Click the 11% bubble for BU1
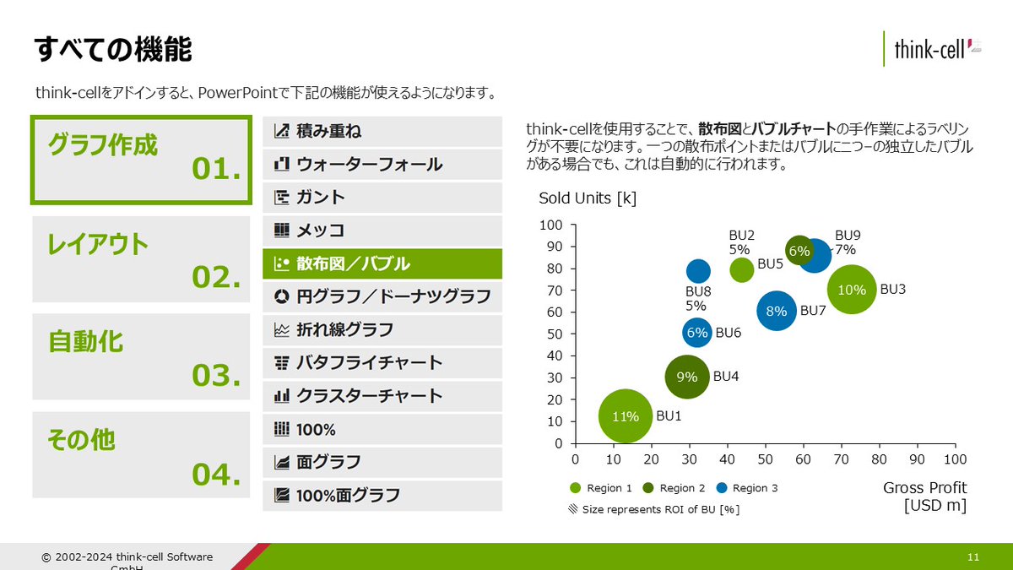(x=626, y=415)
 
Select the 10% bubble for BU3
(x=853, y=290)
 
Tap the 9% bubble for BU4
(x=688, y=377)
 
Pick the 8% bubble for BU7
(x=777, y=312)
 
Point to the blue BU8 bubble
(x=698, y=270)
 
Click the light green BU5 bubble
(x=741, y=269)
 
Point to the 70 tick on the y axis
(x=554, y=290)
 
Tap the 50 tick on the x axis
(x=765, y=459)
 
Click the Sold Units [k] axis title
(x=588, y=198)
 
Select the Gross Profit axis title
(x=924, y=497)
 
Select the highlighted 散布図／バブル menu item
(x=382, y=263)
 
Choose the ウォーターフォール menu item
(x=382, y=164)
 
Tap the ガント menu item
(x=382, y=197)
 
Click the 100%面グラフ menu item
(x=382, y=495)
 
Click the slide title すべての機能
(x=113, y=50)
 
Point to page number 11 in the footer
(x=973, y=557)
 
